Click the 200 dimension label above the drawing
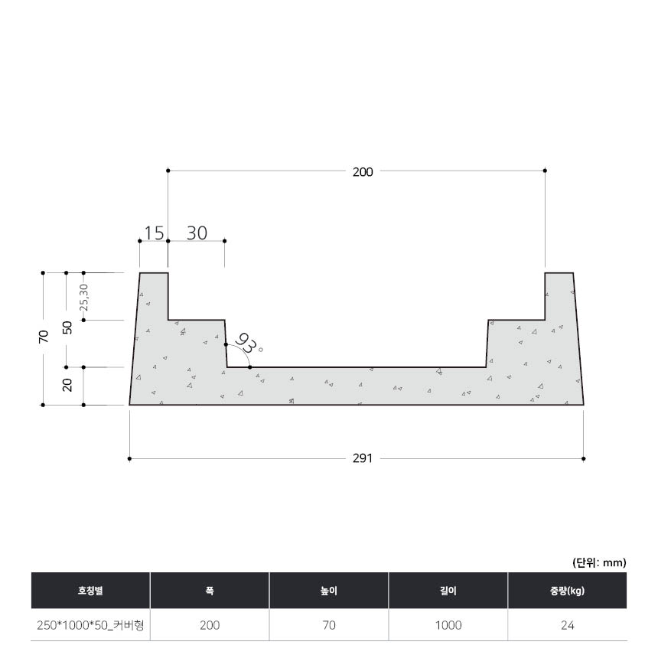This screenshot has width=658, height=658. coord(363,172)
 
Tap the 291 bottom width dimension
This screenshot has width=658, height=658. coord(363,458)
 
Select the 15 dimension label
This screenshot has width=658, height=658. coord(154,233)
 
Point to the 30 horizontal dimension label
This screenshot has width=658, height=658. coord(197,233)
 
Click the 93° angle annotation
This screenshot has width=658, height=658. coord(249,344)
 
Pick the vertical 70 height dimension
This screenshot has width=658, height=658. coord(44,337)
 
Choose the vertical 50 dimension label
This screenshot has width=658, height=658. coord(67,327)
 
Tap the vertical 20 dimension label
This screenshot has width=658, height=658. coord(67,385)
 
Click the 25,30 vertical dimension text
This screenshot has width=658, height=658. coord(84,297)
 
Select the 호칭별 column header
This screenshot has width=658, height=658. coord(90,591)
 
